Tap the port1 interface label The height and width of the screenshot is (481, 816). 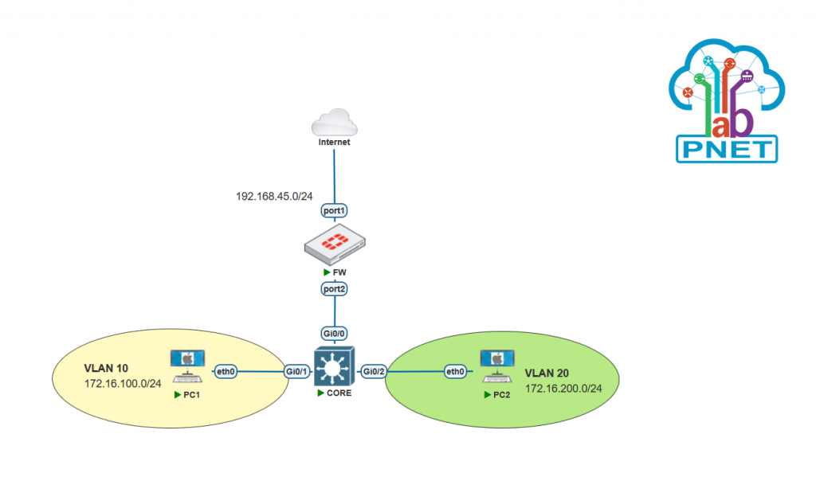coord(334,211)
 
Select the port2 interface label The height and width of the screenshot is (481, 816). coord(334,289)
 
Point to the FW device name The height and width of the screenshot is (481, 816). coord(339,272)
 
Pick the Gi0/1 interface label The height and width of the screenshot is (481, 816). coord(297,371)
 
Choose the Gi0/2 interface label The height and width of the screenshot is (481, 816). coord(373,371)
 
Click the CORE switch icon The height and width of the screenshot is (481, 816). coord(334,368)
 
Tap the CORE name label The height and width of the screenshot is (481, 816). coord(339,393)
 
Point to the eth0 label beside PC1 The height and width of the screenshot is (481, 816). coord(226,371)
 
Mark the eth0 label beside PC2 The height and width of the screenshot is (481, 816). coord(455,371)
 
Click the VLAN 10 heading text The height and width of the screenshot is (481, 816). coord(107,370)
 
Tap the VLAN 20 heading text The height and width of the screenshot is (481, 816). coord(547,373)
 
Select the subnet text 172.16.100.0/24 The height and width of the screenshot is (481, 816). coord(123,384)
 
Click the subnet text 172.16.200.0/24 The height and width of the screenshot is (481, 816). coord(563,388)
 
